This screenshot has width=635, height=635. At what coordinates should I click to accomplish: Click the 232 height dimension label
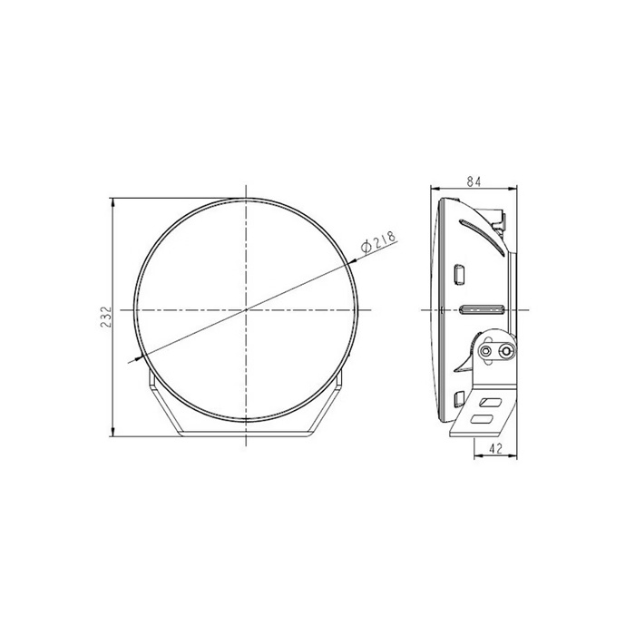[106, 317]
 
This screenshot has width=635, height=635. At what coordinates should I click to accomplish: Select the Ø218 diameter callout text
[378, 242]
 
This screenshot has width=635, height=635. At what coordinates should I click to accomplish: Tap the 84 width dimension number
[474, 182]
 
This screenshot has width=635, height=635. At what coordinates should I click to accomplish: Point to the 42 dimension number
[495, 449]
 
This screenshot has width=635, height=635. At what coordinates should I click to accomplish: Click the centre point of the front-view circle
[246, 310]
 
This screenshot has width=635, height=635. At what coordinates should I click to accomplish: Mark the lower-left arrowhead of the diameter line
[139, 358]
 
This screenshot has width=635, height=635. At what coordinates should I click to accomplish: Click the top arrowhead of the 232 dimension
[113, 202]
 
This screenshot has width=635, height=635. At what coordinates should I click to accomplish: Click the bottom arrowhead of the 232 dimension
[113, 433]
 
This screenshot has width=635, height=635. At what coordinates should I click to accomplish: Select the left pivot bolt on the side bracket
[485, 351]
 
